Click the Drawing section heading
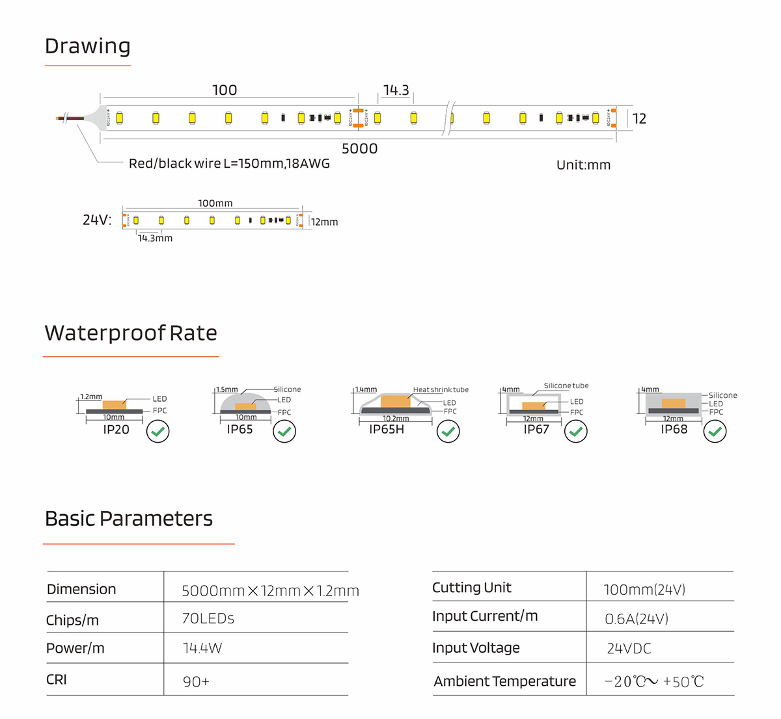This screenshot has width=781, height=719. point(88,46)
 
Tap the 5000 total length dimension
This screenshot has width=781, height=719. point(359,149)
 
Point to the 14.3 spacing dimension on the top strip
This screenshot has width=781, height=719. point(396,90)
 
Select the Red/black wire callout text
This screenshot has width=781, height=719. point(229,164)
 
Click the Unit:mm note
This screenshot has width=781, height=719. point(583,165)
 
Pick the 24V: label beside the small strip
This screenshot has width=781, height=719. point(97,220)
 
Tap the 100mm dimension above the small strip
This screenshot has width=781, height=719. point(215,203)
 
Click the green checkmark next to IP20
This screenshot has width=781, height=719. point(158,431)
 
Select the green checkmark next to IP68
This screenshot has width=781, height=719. point(715,431)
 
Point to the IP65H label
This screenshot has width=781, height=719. point(387,429)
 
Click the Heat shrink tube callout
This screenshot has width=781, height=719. point(441,390)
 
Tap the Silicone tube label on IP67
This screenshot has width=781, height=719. point(566,386)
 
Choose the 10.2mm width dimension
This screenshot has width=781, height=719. point(396,419)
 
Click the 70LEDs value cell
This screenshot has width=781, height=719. point(208,619)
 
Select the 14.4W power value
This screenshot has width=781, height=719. point(202,649)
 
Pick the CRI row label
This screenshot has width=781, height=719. point(57,680)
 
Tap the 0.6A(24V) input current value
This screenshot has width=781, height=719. point(637,619)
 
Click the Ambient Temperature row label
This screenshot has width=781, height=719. point(504,681)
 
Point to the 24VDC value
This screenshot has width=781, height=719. point(629,649)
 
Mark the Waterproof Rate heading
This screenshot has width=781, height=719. point(131,333)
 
